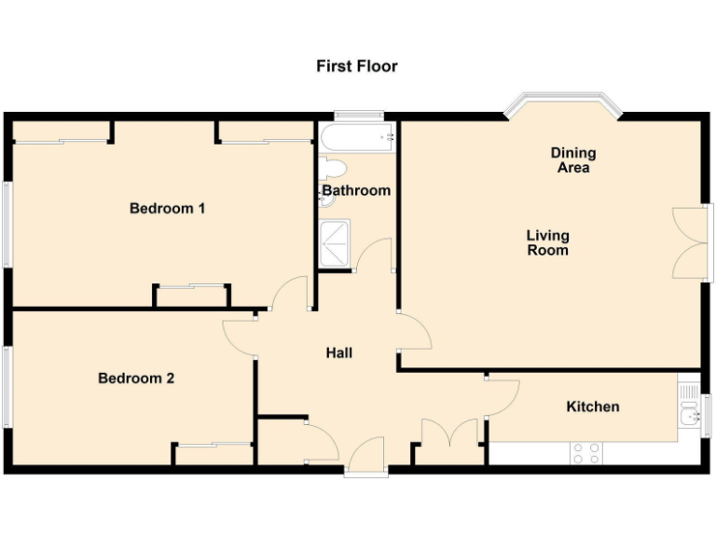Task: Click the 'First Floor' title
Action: pyautogui.click(x=356, y=66)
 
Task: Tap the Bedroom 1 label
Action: pyautogui.click(x=167, y=208)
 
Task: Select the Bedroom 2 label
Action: pyautogui.click(x=136, y=379)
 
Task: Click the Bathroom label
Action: pyautogui.click(x=356, y=190)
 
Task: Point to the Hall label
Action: pyautogui.click(x=338, y=352)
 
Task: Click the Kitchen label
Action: pyautogui.click(x=593, y=406)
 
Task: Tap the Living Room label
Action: pyautogui.click(x=547, y=242)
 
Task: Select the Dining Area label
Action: pyautogui.click(x=572, y=160)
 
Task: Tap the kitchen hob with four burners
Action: pyautogui.click(x=585, y=453)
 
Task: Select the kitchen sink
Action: pyautogui.click(x=689, y=416)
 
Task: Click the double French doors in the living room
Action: pyautogui.click(x=690, y=242)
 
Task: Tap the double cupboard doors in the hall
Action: pyautogui.click(x=450, y=436)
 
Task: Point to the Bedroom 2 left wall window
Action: pyautogui.click(x=7, y=388)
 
